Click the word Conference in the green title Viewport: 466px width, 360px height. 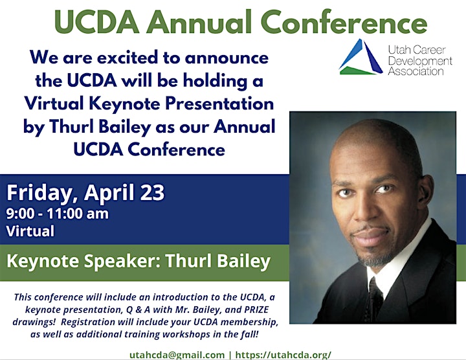pyautogui.click(x=344, y=22)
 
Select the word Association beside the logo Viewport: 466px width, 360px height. pyautogui.click(x=416, y=71)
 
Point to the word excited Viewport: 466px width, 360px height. pyautogui.click(x=128, y=58)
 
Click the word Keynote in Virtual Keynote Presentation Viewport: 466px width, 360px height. pyautogui.click(x=125, y=104)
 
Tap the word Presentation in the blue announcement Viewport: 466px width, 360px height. pyautogui.click(x=219, y=104)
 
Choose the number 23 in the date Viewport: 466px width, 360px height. pyautogui.click(x=152, y=192)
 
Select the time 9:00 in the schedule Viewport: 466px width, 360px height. pyautogui.click(x=20, y=214)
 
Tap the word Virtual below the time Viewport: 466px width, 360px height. pyautogui.click(x=30, y=231)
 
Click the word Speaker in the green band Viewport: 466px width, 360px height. pyautogui.click(x=122, y=261)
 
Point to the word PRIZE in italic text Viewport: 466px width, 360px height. pyautogui.click(x=256, y=309)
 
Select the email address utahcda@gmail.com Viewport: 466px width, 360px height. pyautogui.click(x=177, y=355)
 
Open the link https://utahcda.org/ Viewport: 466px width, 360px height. pyautogui.click(x=283, y=355)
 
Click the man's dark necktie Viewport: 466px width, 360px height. pyautogui.click(x=373, y=300)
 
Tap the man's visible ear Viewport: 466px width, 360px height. pyautogui.click(x=425, y=190)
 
